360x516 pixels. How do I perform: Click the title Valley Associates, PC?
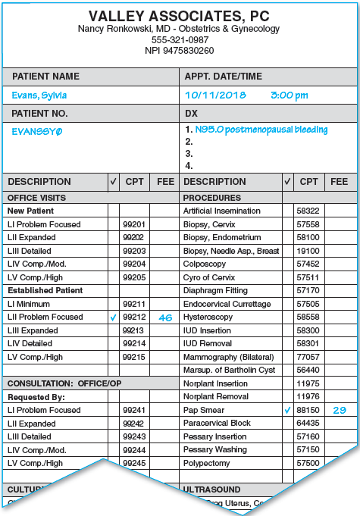click(x=180, y=15)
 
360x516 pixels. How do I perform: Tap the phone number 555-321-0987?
click(x=180, y=39)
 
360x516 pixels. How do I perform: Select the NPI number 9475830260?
click(x=180, y=51)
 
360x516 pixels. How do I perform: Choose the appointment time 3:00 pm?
click(x=290, y=95)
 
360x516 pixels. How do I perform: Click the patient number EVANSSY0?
click(x=37, y=130)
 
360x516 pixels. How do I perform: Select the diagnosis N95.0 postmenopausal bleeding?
click(x=261, y=130)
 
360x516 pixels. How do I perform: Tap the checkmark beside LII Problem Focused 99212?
click(x=113, y=317)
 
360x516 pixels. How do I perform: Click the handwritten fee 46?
click(x=165, y=317)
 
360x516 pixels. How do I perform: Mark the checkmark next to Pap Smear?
click(x=287, y=410)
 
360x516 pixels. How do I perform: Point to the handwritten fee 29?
click(x=340, y=410)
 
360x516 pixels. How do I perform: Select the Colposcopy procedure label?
click(x=204, y=264)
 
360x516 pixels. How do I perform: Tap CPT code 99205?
click(x=134, y=277)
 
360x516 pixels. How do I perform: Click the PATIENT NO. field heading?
click(x=40, y=113)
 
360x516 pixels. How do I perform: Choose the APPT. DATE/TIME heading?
click(x=223, y=77)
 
